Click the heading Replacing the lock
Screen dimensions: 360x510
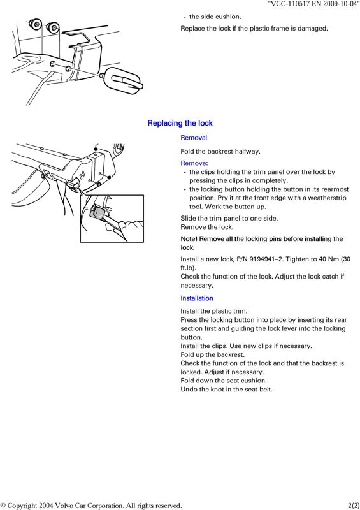[180, 123]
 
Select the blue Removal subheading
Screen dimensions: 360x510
[194, 138]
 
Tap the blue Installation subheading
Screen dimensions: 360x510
[197, 298]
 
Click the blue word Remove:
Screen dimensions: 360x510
[194, 163]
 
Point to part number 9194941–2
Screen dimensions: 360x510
[263, 259]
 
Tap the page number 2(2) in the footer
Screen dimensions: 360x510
[353, 506]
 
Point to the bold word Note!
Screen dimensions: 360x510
[189, 238]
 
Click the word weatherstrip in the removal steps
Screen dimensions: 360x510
[327, 198]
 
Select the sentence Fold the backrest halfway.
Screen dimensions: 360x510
[220, 151]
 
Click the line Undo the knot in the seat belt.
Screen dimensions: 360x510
[226, 389]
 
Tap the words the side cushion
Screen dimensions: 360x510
[215, 17]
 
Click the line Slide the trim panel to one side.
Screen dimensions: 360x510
[229, 218]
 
